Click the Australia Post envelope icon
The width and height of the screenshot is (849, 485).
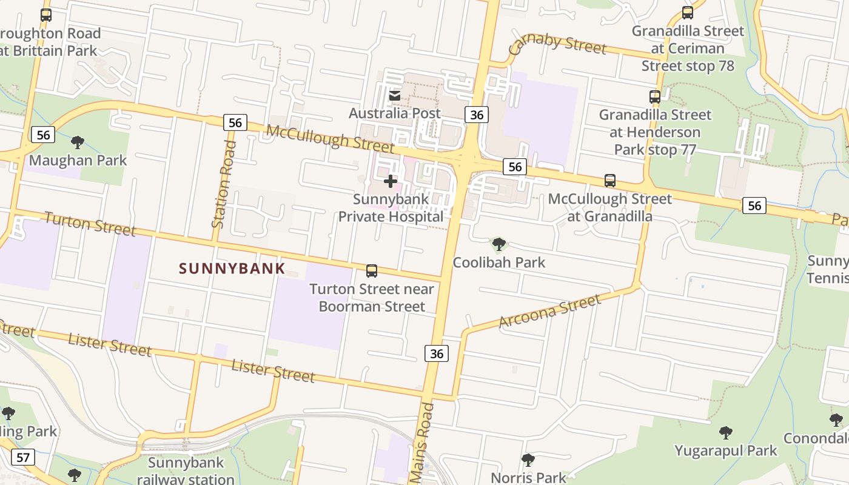[395, 96]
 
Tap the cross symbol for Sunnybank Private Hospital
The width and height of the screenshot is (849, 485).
[391, 181]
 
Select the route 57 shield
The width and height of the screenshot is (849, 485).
[22, 457]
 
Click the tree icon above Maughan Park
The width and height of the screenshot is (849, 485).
[77, 142]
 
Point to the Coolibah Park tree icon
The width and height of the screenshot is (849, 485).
[499, 244]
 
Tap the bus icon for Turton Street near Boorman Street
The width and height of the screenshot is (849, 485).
[372, 271]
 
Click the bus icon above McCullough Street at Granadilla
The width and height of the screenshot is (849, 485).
[610, 181]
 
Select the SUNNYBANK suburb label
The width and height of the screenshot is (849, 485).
[232, 269]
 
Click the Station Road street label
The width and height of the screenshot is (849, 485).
[223, 184]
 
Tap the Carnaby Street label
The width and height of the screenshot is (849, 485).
[557, 44]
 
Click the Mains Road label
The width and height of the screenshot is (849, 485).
[424, 443]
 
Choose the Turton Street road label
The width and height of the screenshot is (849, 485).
[90, 224]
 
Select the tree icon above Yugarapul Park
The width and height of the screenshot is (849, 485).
[725, 433]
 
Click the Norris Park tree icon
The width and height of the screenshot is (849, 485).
[528, 460]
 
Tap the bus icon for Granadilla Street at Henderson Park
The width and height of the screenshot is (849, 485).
[655, 96]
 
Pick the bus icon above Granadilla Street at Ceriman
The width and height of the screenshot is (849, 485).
[688, 13]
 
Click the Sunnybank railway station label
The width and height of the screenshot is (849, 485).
[186, 470]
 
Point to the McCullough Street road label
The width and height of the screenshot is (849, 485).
[330, 139]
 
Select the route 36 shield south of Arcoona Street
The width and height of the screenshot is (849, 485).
[437, 353]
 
